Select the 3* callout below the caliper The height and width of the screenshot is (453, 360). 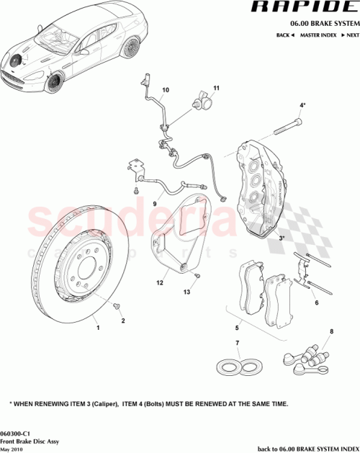[282, 237]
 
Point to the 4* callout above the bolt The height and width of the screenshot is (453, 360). [303, 105]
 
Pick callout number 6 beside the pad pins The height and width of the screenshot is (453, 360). [315, 303]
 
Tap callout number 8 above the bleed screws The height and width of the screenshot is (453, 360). [331, 331]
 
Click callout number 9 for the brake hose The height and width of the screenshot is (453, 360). [154, 203]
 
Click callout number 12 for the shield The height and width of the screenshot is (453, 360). [162, 283]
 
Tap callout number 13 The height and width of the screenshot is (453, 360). [186, 292]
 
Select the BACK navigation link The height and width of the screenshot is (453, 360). [284, 35]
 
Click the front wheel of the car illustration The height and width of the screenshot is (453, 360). [53, 84]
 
